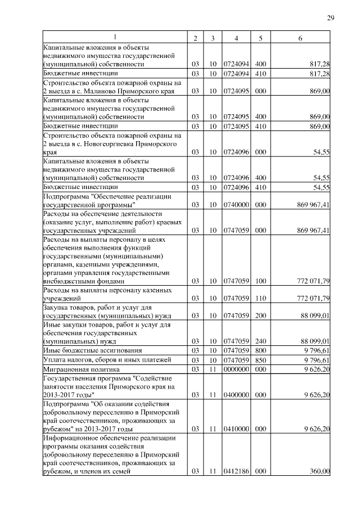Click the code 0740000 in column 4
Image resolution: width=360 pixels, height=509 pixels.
click(x=236, y=205)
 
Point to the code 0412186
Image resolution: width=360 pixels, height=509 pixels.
click(x=236, y=471)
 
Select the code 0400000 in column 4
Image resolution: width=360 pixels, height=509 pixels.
click(x=236, y=395)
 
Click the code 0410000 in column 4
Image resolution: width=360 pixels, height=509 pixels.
click(x=236, y=429)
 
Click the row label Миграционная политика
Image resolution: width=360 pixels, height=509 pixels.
click(x=82, y=370)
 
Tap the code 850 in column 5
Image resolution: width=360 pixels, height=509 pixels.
click(x=260, y=360)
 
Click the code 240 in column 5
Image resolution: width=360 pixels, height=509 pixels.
click(x=260, y=341)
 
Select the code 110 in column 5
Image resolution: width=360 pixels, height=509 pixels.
click(x=260, y=298)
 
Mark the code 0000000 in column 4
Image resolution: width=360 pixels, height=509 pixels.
click(x=236, y=370)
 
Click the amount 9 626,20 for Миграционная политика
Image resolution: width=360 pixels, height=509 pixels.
click(x=316, y=370)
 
